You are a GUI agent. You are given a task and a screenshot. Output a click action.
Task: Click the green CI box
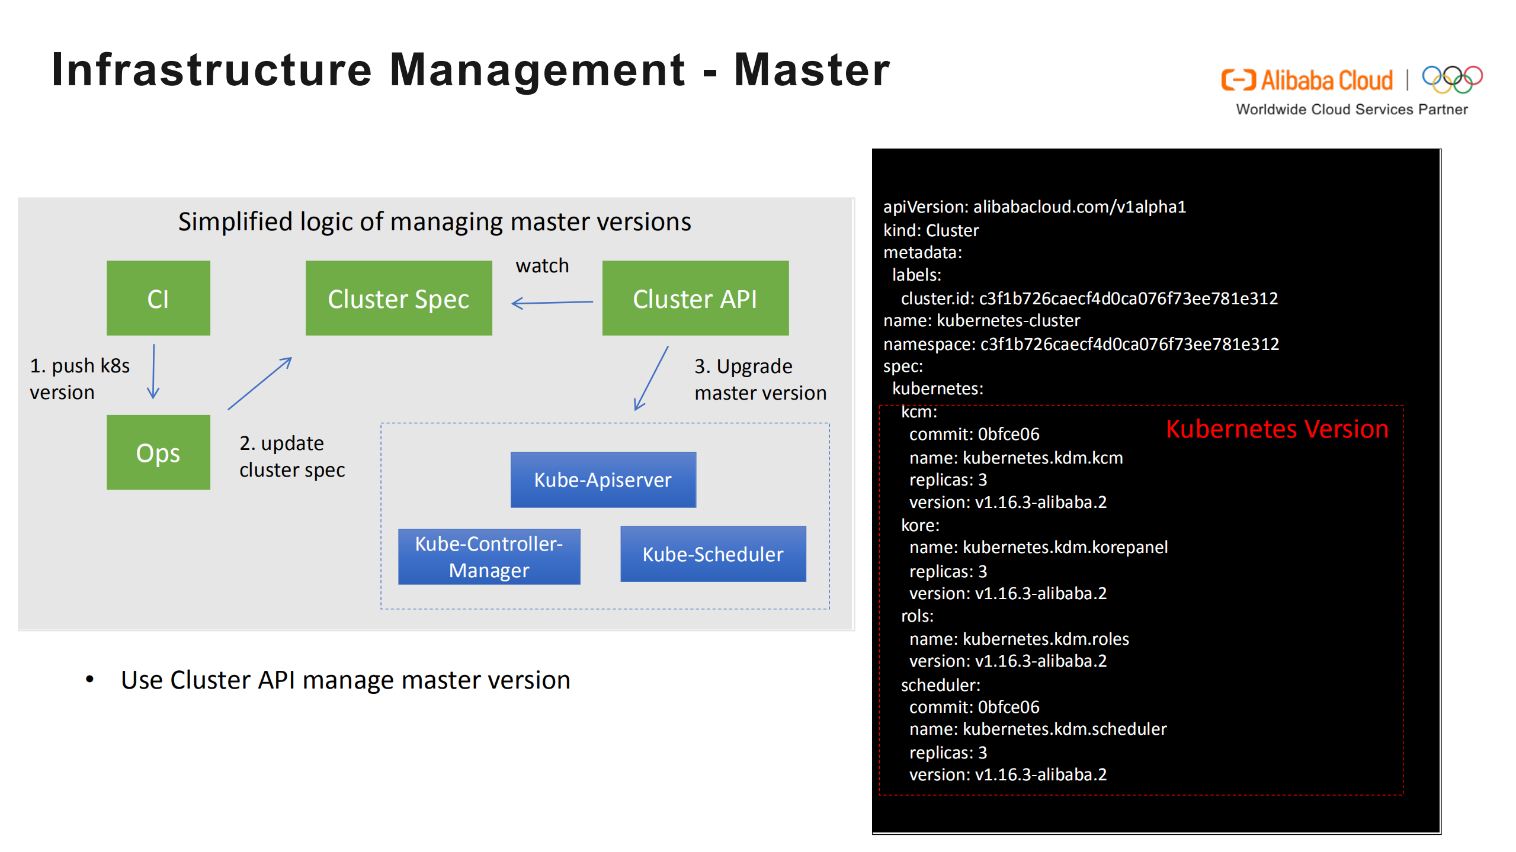pos(158,298)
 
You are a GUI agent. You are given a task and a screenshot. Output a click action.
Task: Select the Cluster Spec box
pos(399,298)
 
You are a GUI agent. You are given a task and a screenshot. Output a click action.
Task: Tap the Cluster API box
pos(695,298)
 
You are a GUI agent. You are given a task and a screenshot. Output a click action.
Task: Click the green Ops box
pos(158,452)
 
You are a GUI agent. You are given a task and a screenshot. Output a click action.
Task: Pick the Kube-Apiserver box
pos(603,480)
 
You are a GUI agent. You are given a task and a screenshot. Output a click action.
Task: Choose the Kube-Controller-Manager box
pos(489,557)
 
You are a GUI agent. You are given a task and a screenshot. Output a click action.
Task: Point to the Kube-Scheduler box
pos(713,554)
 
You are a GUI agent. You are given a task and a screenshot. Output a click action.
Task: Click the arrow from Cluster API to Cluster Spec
pos(552,303)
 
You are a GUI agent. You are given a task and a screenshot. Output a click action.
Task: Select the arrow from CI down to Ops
pos(153,372)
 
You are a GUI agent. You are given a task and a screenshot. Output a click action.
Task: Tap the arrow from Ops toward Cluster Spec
pos(260,384)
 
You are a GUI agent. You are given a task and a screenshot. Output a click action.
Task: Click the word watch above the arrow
pos(542,266)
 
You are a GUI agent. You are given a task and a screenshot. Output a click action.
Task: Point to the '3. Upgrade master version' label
pos(760,380)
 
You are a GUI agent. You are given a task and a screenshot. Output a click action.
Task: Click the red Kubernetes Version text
pos(1277,429)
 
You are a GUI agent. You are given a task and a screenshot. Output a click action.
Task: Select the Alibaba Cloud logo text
pos(1326,81)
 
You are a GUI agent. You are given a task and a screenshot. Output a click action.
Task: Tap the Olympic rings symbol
pos(1452,79)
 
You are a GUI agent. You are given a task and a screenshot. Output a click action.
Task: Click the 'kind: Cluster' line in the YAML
pos(931,230)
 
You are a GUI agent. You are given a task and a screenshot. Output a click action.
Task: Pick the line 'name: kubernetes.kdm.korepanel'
pos(1038,547)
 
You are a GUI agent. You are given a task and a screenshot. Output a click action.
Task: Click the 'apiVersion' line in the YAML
pos(1034,207)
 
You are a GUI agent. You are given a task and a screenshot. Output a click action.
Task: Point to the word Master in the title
pos(812,70)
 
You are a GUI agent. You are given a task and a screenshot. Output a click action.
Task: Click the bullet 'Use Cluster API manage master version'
pos(345,680)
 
